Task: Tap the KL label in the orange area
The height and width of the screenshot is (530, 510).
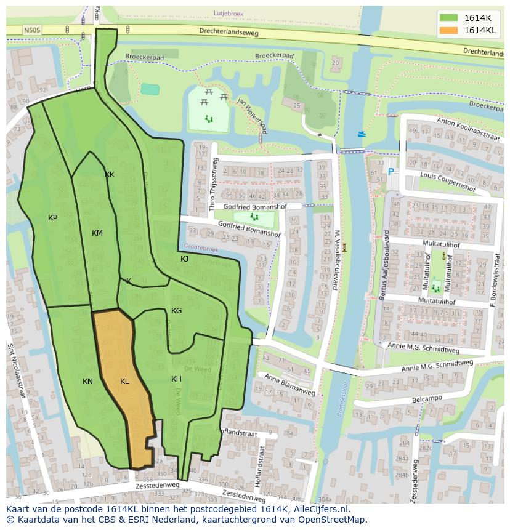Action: [x=124, y=382]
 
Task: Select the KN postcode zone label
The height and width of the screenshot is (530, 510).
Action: [x=87, y=382]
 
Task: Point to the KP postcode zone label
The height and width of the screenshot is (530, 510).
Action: [x=53, y=218]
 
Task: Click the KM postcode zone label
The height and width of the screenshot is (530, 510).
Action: [x=97, y=233]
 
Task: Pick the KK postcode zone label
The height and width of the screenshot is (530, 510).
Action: [x=110, y=175]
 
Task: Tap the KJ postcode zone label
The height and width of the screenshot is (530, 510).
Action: [x=184, y=259]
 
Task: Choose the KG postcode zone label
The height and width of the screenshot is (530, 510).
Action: [x=176, y=311]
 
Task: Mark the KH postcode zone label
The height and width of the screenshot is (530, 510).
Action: [x=176, y=379]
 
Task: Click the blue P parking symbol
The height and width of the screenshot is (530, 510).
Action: [x=391, y=174]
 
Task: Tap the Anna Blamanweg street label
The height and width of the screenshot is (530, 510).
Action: [x=289, y=385]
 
